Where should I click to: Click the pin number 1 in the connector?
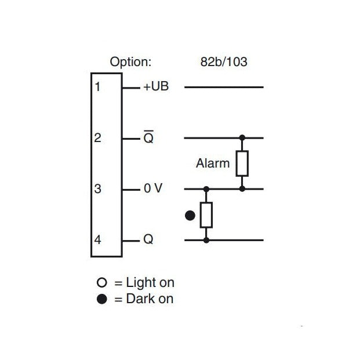[97, 88]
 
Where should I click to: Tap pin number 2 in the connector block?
[97, 138]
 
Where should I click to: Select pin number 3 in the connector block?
[97, 189]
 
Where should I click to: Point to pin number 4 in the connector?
[97, 239]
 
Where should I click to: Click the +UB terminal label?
[155, 88]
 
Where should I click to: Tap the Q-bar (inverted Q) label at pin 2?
[148, 138]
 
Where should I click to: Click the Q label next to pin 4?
[148, 239]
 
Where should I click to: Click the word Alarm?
[213, 163]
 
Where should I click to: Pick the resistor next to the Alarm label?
[242, 163]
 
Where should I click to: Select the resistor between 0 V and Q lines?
[206, 214]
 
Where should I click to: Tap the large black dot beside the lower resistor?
[190, 216]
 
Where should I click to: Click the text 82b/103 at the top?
[223, 61]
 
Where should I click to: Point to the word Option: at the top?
[131, 61]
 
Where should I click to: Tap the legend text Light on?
[150, 283]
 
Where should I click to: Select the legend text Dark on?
[149, 300]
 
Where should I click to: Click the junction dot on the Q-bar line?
[242, 138]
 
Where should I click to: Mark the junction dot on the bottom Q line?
[206, 239]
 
